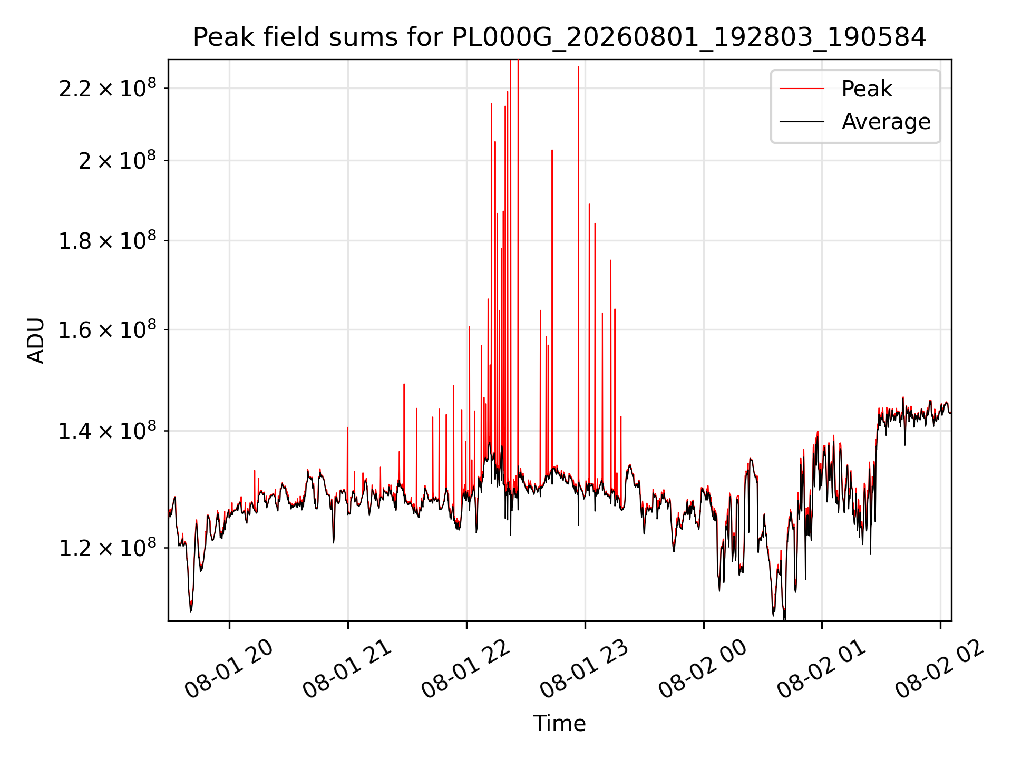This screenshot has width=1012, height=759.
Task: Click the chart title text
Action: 559,37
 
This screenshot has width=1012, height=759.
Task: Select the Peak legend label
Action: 867,89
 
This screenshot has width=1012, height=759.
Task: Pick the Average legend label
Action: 886,122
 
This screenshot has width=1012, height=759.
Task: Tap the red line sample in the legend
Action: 802,89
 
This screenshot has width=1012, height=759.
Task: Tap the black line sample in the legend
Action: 802,122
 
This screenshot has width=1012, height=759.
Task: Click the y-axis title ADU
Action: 36,340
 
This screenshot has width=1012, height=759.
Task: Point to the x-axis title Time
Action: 559,723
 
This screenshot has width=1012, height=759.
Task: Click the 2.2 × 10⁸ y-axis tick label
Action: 108,87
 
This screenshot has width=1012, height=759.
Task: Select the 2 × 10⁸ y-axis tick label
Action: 118,160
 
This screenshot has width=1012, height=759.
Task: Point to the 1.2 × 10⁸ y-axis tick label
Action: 108,547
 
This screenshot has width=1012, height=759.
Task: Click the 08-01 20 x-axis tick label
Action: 229,669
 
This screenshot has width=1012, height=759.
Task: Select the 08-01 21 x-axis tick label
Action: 347,669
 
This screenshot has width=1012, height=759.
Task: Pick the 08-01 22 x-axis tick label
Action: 466,669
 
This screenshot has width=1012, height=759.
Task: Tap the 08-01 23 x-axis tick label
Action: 585,669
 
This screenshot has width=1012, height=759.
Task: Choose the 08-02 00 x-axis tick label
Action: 703,669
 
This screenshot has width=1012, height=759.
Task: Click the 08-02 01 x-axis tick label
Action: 822,669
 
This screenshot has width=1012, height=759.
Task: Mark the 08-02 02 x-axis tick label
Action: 940,669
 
